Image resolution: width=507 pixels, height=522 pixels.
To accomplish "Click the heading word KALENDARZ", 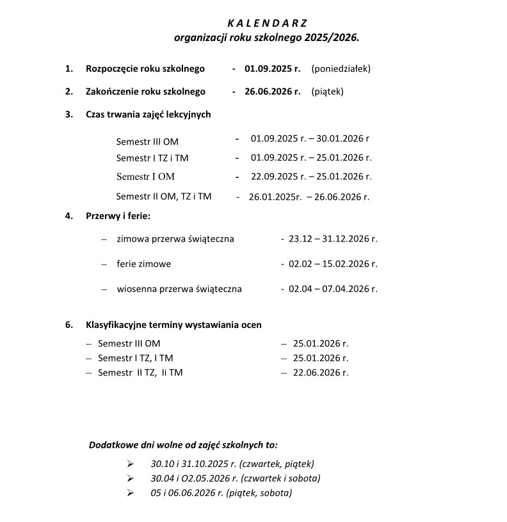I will (x=268, y=24).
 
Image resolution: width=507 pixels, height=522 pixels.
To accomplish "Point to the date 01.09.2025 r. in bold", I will (x=272, y=68).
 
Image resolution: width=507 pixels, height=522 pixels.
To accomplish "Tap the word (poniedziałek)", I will (x=341, y=68).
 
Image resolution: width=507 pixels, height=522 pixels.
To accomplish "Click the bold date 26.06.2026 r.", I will (x=272, y=92).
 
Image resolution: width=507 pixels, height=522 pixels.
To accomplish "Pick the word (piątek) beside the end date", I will (x=327, y=92).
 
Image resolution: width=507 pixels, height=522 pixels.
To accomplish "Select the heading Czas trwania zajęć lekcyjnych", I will (x=148, y=115).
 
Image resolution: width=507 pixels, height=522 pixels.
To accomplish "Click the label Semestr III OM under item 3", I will (x=147, y=141).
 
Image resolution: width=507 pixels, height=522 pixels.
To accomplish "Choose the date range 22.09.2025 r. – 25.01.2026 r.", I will (x=311, y=177).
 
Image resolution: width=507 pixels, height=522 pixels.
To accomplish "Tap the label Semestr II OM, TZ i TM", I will (x=163, y=197).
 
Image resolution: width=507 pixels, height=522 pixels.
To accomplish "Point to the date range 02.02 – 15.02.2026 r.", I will (x=333, y=263).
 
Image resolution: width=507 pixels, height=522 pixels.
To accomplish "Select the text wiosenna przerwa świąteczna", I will (x=179, y=289).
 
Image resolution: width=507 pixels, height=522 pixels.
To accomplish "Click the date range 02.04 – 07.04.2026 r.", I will (x=333, y=289).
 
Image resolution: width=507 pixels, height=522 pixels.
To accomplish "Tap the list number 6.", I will (x=68, y=325).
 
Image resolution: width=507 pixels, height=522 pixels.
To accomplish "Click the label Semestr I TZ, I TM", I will (x=135, y=358).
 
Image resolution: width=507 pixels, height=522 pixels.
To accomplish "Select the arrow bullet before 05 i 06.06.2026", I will (x=131, y=493).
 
